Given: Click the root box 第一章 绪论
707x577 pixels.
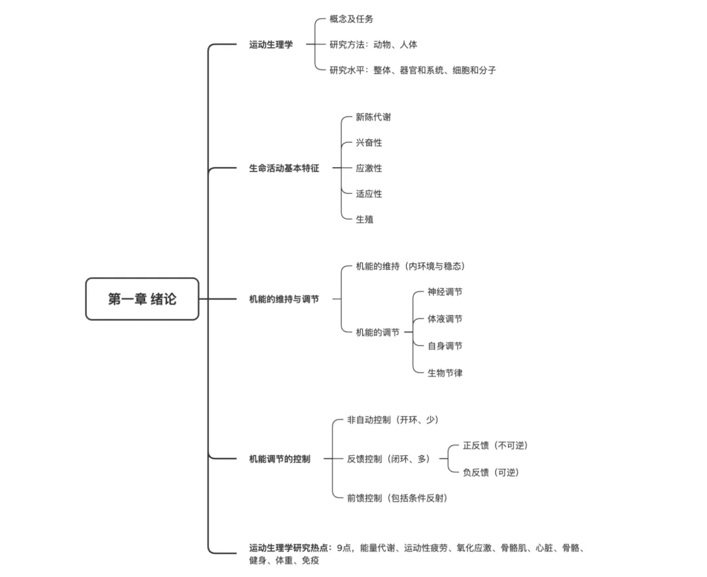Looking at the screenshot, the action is click(x=142, y=299).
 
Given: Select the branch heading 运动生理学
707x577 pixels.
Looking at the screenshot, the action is click(x=271, y=45).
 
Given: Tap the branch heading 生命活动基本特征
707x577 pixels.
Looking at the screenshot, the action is click(x=284, y=168).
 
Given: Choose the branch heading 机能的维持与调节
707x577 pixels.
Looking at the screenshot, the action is click(x=284, y=299).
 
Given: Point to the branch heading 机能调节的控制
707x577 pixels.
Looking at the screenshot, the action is click(x=280, y=459).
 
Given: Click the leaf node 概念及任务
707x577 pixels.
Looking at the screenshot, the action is click(x=352, y=20).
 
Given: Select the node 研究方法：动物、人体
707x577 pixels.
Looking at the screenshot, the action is click(x=373, y=45).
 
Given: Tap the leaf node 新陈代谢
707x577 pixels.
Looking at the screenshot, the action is click(x=374, y=117).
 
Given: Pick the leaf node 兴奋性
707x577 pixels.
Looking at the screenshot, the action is click(x=369, y=143).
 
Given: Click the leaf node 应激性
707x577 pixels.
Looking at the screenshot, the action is click(x=369, y=168).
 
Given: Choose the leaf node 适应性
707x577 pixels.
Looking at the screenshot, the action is click(x=369, y=194).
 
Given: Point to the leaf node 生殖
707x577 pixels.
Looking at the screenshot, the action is click(x=365, y=219).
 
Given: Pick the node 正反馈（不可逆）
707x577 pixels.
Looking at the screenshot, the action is click(x=495, y=445).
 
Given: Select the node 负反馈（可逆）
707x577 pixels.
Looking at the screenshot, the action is click(x=490, y=472).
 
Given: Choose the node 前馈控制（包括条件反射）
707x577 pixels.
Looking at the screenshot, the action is click(x=397, y=498).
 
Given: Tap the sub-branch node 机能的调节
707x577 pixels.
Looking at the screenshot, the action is click(x=378, y=333).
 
